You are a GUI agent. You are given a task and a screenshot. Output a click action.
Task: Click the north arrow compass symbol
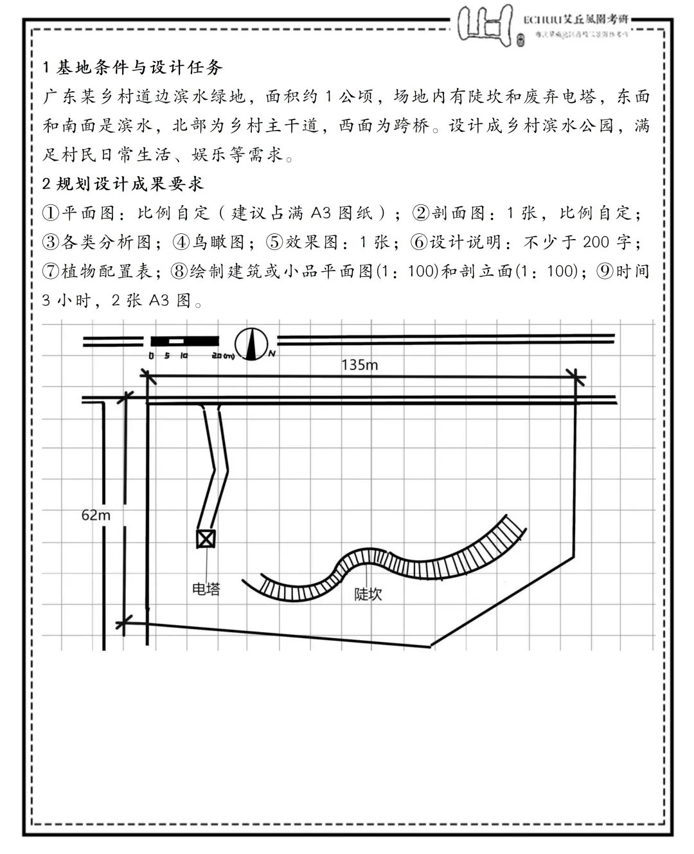pos(251,343)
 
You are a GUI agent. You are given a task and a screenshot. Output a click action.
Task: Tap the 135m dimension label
pos(359,365)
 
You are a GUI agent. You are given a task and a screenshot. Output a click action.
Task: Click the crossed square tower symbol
pos(206,538)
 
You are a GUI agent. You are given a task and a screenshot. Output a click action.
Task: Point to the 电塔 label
pos(206,588)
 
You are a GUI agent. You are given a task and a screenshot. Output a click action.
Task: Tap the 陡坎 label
pos(368,594)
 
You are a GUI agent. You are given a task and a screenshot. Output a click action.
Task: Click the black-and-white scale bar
pos(184,341)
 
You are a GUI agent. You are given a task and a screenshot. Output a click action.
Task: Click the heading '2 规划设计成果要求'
pos(123,184)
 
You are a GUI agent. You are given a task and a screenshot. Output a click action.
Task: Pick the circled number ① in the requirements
pos(51,213)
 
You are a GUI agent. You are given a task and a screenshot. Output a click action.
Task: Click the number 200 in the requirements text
pos(596,242)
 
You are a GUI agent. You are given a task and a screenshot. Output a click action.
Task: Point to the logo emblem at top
pos(486,25)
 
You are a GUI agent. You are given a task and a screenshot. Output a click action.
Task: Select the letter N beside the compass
pos(272,354)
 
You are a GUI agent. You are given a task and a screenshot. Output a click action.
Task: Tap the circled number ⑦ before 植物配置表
pos(51,271)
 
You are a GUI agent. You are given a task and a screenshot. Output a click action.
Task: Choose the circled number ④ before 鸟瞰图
pos(182,242)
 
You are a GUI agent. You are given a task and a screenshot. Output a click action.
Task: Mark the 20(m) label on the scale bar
pos(222,355)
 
